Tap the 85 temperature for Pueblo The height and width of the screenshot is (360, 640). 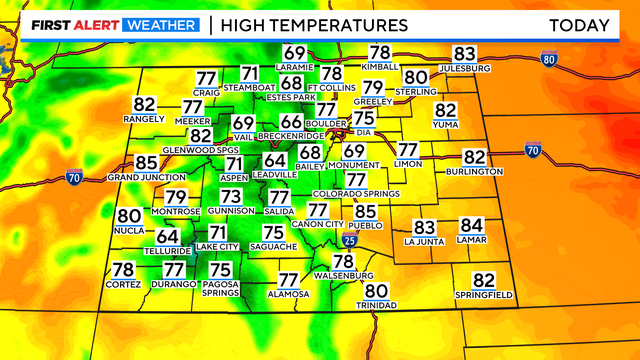[365, 212]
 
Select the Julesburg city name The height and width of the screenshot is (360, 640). [464, 68]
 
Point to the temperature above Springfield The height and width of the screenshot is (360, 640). [484, 280]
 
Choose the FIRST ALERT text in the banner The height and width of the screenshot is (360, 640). [63, 24]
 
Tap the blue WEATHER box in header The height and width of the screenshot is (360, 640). [160, 24]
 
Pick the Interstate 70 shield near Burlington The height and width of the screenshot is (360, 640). [532, 150]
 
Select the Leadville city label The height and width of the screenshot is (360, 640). [274, 174]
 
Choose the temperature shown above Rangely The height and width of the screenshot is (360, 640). [144, 104]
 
